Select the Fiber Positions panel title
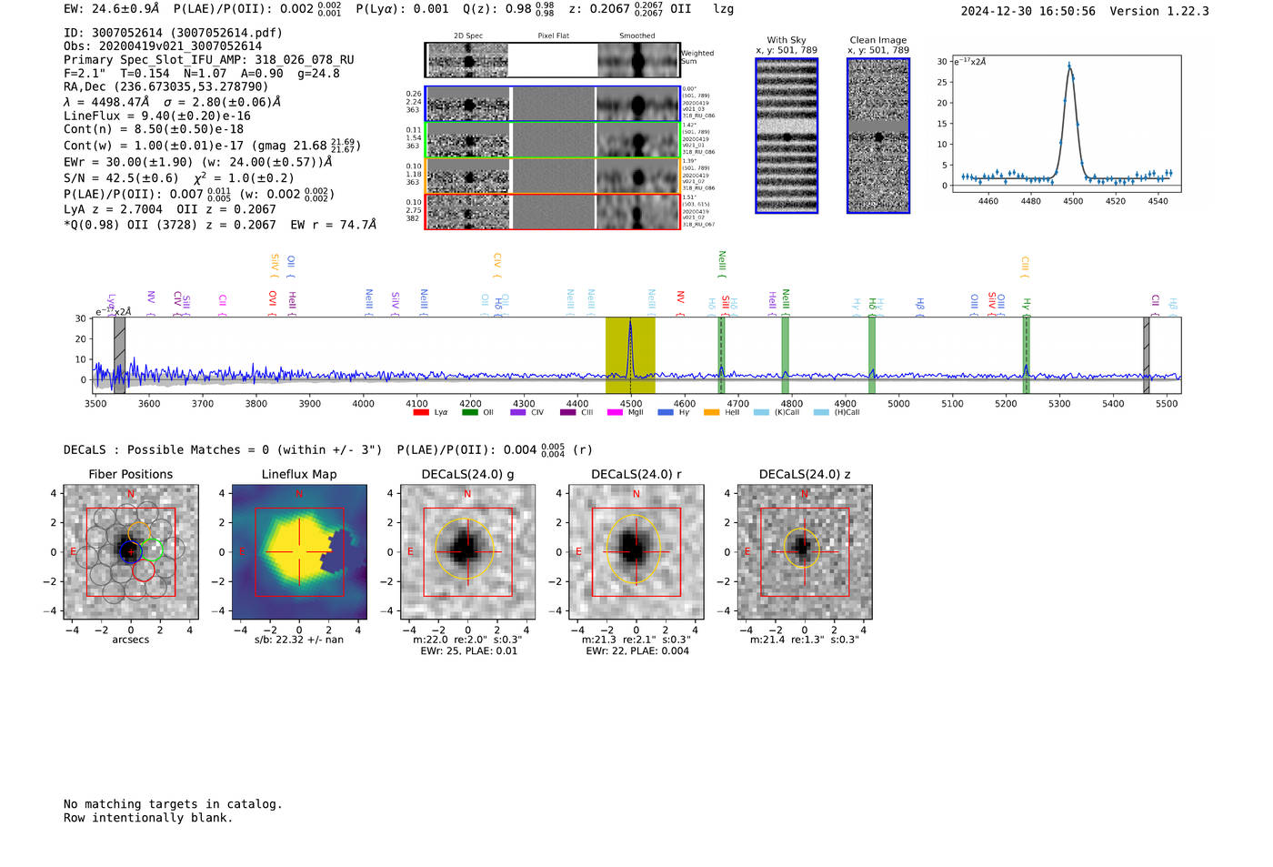pos(130,474)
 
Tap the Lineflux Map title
pos(298,474)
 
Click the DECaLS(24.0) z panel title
pos(804,474)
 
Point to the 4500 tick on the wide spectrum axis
pos(630,403)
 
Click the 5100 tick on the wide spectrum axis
pos(952,403)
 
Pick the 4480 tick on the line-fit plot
pos(1030,201)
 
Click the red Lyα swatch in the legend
pos(421,412)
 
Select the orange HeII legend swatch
pos(711,412)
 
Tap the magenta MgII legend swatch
pos(614,412)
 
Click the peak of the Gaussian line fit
pos(1069,66)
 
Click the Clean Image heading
pos(877,40)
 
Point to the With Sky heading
pos(786,40)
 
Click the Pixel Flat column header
pos(553,35)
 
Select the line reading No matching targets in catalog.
pos(173,803)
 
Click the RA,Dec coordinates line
pos(165,86)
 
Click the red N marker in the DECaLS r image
pos(636,494)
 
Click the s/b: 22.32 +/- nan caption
pos(298,640)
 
